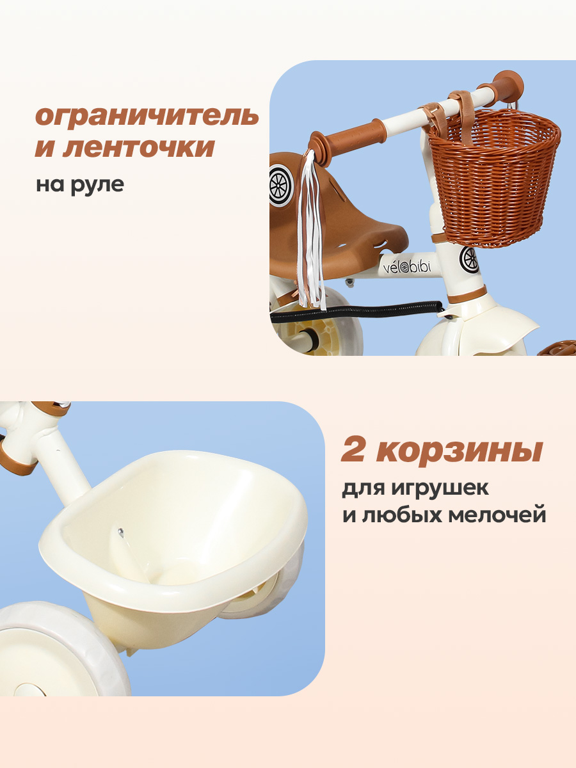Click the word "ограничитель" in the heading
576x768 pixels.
tap(147, 116)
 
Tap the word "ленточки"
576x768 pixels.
tap(138, 148)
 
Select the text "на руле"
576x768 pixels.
tap(79, 184)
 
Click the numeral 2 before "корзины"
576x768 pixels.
tap(355, 450)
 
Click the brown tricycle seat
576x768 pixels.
tap(358, 230)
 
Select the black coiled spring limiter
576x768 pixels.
tap(358, 310)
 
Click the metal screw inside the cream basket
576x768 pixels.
tap(120, 530)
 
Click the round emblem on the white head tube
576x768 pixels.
tap(468, 259)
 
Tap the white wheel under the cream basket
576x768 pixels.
tap(58, 646)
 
